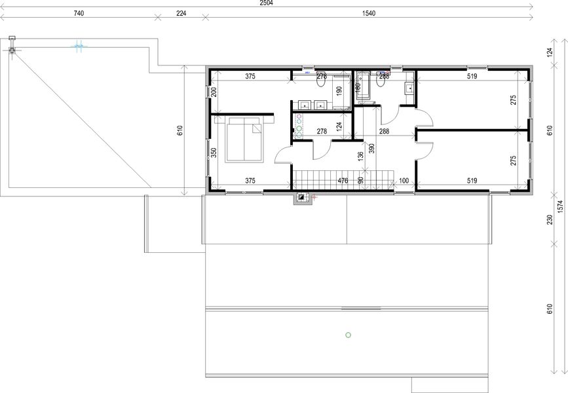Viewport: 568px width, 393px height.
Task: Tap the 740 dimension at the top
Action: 79,13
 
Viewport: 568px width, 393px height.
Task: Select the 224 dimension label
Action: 180,13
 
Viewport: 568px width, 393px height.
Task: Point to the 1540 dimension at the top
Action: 368,13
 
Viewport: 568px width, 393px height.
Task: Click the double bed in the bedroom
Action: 244,140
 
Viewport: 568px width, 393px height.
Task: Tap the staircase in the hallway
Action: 342,179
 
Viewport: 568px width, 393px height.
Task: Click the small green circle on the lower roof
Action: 348,335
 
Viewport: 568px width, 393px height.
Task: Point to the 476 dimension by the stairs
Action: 342,180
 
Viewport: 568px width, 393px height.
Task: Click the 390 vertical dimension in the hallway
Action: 371,149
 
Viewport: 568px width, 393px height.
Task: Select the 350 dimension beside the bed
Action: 214,152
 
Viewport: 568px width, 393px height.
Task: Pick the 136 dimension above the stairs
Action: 360,157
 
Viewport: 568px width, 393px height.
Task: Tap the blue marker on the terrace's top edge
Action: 79,46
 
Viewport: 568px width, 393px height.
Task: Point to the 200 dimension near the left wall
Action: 214,92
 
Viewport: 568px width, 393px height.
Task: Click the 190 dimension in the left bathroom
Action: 339,91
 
